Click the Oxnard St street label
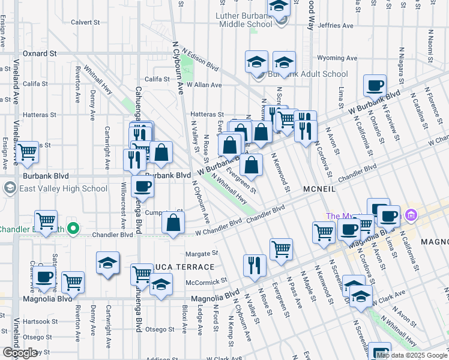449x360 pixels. pyautogui.click(x=39, y=53)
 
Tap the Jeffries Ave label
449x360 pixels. pyautogui.click(x=336, y=26)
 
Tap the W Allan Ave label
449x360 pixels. pyautogui.click(x=204, y=85)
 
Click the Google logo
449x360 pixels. pyautogui.click(x=20, y=353)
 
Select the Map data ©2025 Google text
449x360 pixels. pyautogui.click(x=411, y=355)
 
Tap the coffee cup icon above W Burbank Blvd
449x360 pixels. pyautogui.click(x=375, y=85)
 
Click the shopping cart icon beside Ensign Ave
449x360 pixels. pyautogui.click(x=27, y=152)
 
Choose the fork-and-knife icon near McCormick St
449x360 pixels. pyautogui.click(x=255, y=265)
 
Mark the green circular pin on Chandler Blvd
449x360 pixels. pyautogui.click(x=73, y=229)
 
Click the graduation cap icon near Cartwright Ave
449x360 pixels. pyautogui.click(x=107, y=263)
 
